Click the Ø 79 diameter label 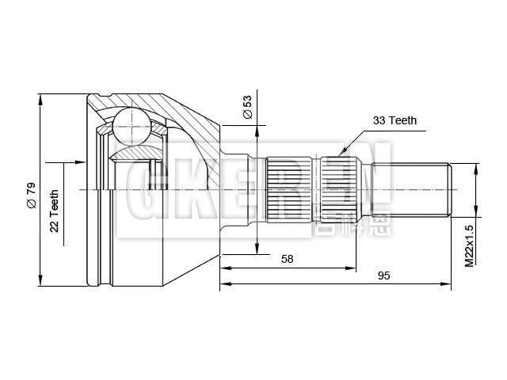click(x=32, y=196)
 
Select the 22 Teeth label click(x=54, y=211)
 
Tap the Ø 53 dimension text click(x=247, y=107)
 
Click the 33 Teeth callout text click(x=395, y=120)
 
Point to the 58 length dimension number click(x=287, y=259)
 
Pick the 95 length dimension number click(x=383, y=275)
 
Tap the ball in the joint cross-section click(x=132, y=127)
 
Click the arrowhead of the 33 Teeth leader click(x=342, y=152)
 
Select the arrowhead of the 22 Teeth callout click(x=80, y=161)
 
